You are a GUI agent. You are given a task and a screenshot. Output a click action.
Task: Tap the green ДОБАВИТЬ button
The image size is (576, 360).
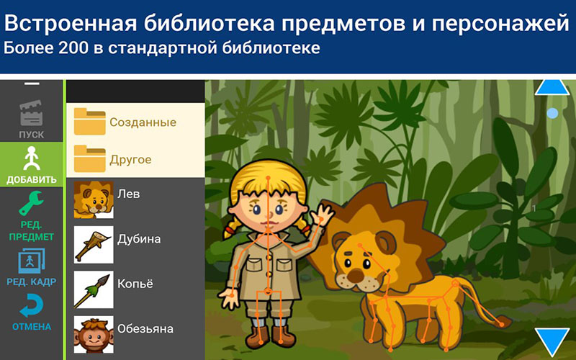[x=32, y=164]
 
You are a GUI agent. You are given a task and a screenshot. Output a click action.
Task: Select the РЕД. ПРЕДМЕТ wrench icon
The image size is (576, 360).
[x=32, y=215]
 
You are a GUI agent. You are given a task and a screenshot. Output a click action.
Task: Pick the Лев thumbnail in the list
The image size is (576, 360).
[x=94, y=200]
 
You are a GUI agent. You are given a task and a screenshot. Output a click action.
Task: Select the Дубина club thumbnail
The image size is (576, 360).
[x=94, y=245]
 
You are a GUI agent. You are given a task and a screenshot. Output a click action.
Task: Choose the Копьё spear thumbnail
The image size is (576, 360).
[x=94, y=289]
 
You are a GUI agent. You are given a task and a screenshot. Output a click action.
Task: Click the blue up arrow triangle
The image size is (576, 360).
[x=552, y=87]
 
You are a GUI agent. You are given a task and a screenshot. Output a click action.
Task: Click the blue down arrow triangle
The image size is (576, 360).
[x=552, y=341]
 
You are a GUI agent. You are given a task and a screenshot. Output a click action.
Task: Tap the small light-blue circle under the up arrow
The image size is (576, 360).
[x=552, y=113]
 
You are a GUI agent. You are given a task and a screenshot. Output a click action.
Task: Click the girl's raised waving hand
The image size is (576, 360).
[x=324, y=214]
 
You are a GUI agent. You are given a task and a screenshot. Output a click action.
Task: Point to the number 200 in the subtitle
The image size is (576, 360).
[x=86, y=50]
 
